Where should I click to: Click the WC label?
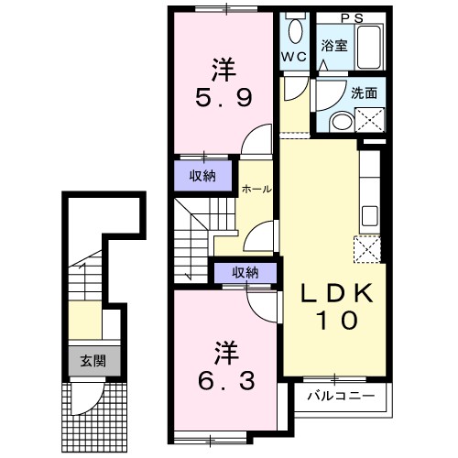(293, 57)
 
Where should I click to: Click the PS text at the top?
(352, 16)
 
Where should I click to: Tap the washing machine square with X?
(370, 118)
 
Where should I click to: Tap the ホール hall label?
(256, 189)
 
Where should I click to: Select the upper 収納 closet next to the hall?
(203, 177)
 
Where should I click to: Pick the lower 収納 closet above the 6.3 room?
(245, 272)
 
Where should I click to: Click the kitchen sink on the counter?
(371, 216)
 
